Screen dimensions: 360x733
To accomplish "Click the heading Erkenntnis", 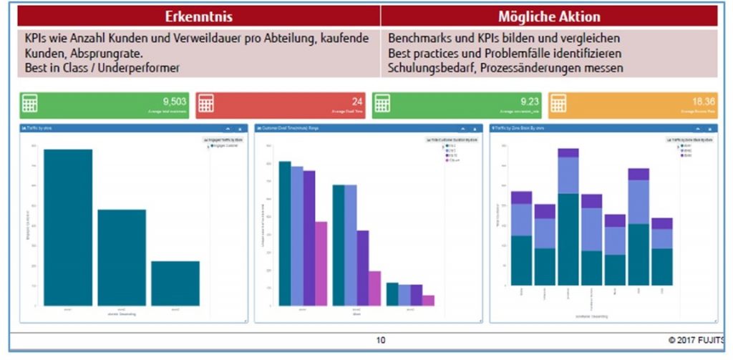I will [x=198, y=16].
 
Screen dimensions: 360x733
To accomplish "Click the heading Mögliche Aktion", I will [x=549, y=16].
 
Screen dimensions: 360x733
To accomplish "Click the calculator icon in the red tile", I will [x=207, y=104].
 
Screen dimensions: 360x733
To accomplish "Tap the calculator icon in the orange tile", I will [x=560, y=104].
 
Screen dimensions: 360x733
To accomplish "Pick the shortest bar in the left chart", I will [x=175, y=283].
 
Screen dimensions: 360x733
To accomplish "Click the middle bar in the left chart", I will [x=122, y=258].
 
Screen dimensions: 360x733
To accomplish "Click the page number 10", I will [x=381, y=340].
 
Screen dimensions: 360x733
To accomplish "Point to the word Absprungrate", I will [x=102, y=53].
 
